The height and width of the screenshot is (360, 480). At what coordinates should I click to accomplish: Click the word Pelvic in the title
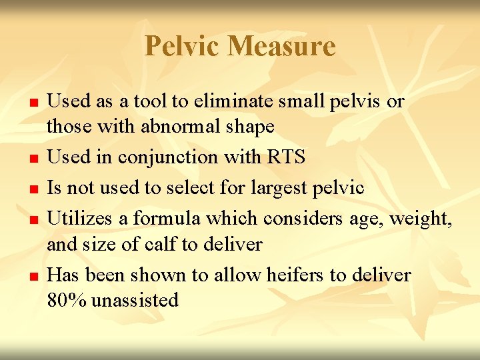pos(181,47)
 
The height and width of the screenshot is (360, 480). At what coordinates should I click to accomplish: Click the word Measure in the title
pos(281,47)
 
